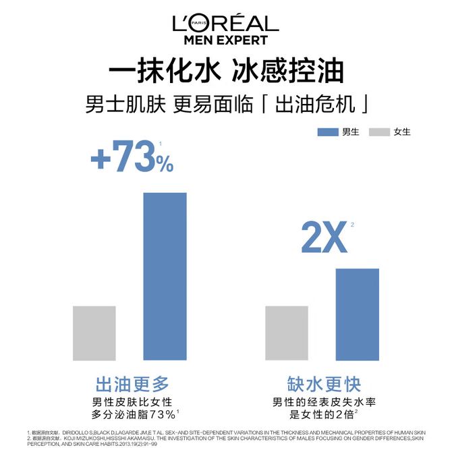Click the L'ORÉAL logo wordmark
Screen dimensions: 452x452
pyautogui.click(x=225, y=24)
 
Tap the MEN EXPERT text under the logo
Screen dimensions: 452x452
pyautogui.click(x=225, y=40)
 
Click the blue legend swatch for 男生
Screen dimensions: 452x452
pyautogui.click(x=327, y=132)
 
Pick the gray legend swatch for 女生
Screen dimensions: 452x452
pyautogui.click(x=380, y=132)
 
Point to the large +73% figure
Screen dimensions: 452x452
pyautogui.click(x=132, y=157)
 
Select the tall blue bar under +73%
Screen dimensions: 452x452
pyautogui.click(x=164, y=277)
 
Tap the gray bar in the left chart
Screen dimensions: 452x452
pyautogui.click(x=94, y=333)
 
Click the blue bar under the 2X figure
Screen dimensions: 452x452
pyautogui.click(x=357, y=314)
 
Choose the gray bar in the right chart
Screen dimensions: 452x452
pyautogui.click(x=287, y=333)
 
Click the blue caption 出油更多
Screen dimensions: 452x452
pyautogui.click(x=132, y=385)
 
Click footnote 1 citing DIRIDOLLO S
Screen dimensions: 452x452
pyautogui.click(x=223, y=432)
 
